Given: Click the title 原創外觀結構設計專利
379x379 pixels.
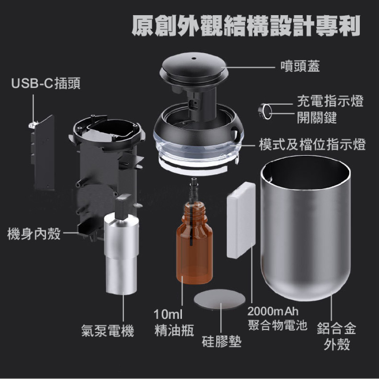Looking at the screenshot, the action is (x=246, y=26).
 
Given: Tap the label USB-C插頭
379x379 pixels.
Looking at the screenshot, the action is (x=45, y=83).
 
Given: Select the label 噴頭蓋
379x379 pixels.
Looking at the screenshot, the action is (x=300, y=66).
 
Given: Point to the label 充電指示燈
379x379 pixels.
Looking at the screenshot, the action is (x=330, y=101).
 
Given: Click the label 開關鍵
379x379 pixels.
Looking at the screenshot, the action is (x=317, y=118).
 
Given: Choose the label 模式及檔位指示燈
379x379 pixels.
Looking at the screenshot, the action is (x=312, y=144).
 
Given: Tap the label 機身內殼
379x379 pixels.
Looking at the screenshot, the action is (x=34, y=234).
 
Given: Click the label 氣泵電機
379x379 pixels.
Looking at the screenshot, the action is (x=107, y=331).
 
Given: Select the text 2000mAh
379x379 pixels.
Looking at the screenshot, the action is (x=273, y=311).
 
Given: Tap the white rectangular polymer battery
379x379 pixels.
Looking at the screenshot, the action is (x=241, y=220).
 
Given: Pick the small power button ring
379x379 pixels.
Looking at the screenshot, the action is (x=265, y=111).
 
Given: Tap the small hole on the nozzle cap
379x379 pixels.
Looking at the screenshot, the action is (x=194, y=58).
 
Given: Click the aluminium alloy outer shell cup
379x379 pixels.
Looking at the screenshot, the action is (x=305, y=228).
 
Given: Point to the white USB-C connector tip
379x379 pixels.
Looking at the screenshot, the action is (x=33, y=125).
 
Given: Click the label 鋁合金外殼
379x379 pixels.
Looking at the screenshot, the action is (x=337, y=336).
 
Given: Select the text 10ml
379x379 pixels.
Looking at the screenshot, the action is (x=168, y=314).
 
